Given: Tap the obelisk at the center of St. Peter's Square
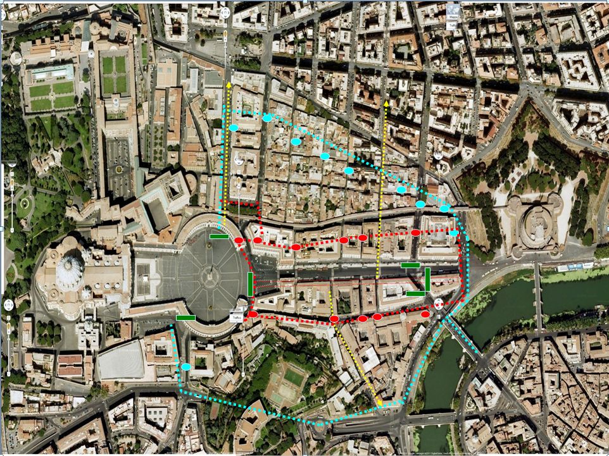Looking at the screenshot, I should click(x=208, y=276).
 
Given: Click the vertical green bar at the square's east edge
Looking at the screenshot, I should click(x=251, y=284).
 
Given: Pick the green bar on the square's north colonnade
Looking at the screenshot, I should click(x=220, y=237).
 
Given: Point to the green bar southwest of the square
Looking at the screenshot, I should click(x=185, y=317).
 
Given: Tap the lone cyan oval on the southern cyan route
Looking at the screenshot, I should click(x=186, y=367).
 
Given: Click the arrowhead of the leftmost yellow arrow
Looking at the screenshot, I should click(x=228, y=83).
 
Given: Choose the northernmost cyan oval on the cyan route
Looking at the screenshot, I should click(x=267, y=118).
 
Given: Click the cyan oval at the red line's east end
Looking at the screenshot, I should click(x=453, y=233).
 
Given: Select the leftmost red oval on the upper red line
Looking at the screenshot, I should click(x=239, y=240).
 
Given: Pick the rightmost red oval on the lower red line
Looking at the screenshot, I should click(x=425, y=314).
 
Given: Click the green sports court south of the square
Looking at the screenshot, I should click(x=292, y=378).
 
